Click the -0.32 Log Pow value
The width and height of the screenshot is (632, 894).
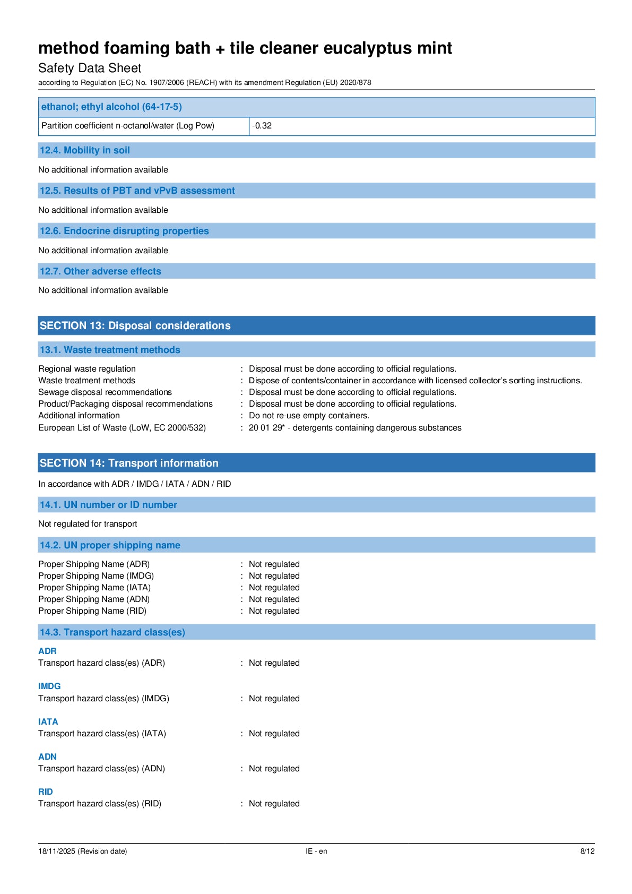[262, 126]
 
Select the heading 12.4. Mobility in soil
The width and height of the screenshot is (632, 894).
[85, 150]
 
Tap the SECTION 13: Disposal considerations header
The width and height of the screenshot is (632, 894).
[135, 325]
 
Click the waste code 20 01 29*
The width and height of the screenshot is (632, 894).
[266, 428]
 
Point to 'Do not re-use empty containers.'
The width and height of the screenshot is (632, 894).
[309, 416]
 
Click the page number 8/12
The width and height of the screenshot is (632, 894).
[587, 851]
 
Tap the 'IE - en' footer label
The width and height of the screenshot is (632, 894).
[316, 851]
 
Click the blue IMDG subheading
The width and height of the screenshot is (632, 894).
[49, 686]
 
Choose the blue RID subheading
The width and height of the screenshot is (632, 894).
[46, 792]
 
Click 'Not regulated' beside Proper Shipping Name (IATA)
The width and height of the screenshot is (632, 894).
[274, 588]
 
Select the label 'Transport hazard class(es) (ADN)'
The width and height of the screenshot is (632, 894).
[101, 769]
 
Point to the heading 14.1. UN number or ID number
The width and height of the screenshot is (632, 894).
[108, 505]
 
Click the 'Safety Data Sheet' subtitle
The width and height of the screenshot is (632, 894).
[90, 68]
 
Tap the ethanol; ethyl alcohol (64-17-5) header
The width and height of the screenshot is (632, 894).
[111, 107]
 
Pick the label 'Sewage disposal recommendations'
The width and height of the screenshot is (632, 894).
[105, 392]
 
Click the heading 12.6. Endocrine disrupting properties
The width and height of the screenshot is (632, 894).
[124, 231]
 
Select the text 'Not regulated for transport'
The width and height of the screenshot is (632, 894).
[88, 524]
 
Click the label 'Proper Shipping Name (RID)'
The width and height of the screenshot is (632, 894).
[92, 611]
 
